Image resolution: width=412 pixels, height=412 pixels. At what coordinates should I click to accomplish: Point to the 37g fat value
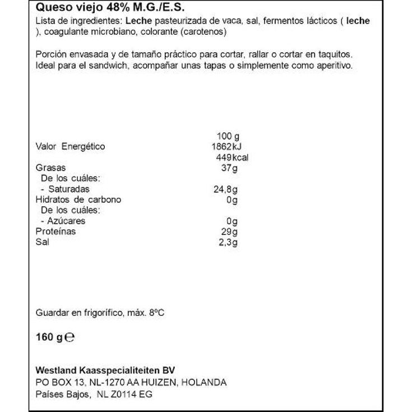[x=230, y=168]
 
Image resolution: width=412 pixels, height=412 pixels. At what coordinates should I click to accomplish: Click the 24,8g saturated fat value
[x=225, y=189]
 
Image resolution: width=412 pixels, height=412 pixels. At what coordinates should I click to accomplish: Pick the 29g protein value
[x=230, y=232]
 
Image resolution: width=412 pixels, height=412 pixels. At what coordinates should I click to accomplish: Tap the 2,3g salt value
[x=228, y=243]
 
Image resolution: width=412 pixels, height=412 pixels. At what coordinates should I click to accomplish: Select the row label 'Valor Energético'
[x=70, y=147]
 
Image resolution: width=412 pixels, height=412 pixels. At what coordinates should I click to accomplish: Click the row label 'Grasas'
[x=50, y=168]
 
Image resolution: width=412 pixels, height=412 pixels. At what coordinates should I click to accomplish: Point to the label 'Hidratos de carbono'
[x=78, y=200]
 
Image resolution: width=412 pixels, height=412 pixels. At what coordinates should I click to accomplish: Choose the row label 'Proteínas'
[x=55, y=232]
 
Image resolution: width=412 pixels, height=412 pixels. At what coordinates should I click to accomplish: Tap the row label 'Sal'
[x=42, y=243]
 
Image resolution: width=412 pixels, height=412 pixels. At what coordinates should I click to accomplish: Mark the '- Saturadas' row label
[x=65, y=189]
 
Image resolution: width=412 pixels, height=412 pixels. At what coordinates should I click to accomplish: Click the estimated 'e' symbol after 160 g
[x=70, y=338]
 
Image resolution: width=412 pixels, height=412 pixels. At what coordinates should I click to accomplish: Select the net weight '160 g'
[x=48, y=338]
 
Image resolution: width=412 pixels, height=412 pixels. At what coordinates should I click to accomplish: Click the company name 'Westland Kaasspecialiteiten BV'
[x=105, y=371]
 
